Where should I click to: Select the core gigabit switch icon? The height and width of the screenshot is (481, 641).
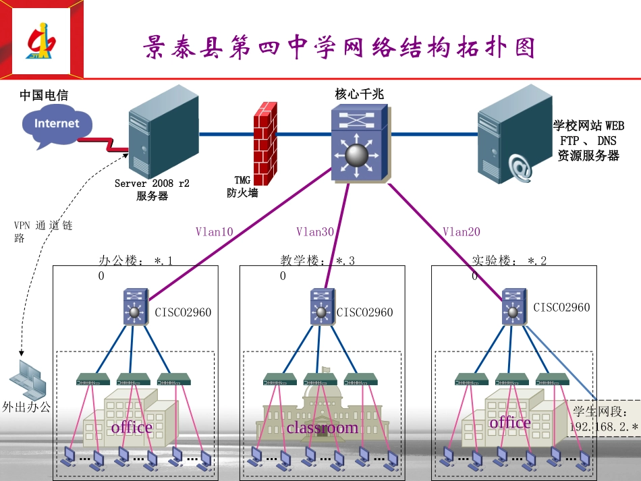click(x=359, y=144)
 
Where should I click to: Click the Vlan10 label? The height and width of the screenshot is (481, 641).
click(x=214, y=232)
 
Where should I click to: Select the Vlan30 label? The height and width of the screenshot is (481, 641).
click(x=315, y=232)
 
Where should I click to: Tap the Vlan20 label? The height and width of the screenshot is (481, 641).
click(x=462, y=232)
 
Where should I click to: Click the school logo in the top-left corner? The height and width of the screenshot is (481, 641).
click(x=42, y=42)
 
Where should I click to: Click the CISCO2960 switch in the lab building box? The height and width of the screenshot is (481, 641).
click(x=515, y=307)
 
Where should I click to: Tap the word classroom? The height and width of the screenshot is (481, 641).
click(x=323, y=428)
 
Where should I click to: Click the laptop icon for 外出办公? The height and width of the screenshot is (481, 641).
click(x=30, y=379)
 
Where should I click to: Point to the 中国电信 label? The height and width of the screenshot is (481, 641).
click(x=44, y=96)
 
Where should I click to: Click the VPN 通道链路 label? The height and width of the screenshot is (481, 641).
click(x=42, y=231)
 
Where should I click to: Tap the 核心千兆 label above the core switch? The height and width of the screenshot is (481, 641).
click(x=359, y=94)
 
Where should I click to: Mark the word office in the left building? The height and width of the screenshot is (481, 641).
click(x=132, y=428)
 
